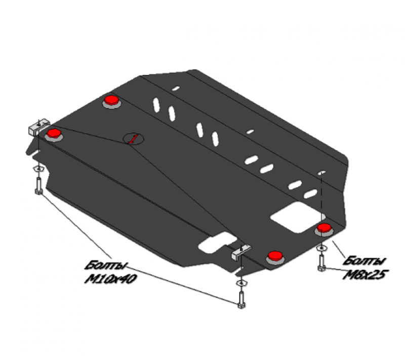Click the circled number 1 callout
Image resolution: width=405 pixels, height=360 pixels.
pos(133,139)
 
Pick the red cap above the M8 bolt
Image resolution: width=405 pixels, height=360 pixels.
pos(324,228)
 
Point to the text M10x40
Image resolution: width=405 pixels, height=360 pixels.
pos(110,279)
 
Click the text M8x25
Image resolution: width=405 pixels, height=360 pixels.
pos(366,275)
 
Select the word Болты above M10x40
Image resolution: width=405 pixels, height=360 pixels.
pos(107,265)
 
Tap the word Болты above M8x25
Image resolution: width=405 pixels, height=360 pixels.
pos(364,261)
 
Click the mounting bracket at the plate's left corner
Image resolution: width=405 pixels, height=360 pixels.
pos(38,127)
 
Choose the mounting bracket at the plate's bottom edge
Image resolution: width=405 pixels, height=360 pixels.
pos(241,252)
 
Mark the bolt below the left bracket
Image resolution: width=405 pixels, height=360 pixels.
pos(38,186)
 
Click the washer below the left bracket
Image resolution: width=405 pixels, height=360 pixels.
pos(39,169)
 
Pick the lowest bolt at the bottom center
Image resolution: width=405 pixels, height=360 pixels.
pos(241,300)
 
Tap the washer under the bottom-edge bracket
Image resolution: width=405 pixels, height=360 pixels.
pos(241,283)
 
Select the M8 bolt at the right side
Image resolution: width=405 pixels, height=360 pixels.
pos(321,263)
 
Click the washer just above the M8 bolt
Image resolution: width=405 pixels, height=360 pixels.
pos(321,248)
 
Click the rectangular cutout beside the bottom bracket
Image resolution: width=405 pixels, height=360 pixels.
pos(218,242)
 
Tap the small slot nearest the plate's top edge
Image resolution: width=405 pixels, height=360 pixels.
pos(176,89)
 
